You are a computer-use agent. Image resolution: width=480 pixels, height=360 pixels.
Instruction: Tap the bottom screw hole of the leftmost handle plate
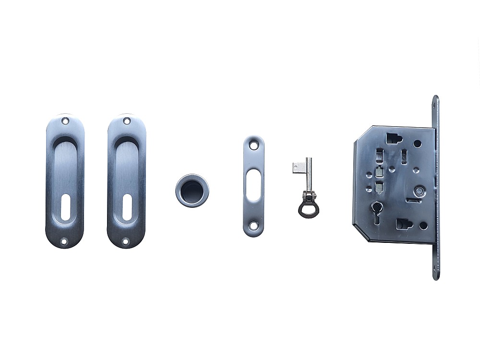pos(64,242)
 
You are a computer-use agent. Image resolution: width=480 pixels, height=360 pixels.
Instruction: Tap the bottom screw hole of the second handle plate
pos(125,242)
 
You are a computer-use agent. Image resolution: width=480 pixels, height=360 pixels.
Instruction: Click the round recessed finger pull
pos(192,191)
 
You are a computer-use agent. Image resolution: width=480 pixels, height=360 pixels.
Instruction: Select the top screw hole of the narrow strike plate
pos(253,144)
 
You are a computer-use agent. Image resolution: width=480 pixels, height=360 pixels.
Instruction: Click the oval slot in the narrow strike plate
pos(253,187)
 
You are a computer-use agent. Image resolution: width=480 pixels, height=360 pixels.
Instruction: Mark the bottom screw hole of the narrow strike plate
pos(253,228)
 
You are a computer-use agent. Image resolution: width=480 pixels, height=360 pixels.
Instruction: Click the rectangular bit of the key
pos(299,168)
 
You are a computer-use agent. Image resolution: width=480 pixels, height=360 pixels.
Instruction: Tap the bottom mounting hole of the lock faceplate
pos(435,273)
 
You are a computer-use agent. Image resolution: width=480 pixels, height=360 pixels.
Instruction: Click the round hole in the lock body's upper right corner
pos(418,143)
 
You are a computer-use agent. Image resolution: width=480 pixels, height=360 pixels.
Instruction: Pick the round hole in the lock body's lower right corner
pos(423,225)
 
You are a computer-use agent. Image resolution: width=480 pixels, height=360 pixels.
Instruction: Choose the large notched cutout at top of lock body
pos(393,139)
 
